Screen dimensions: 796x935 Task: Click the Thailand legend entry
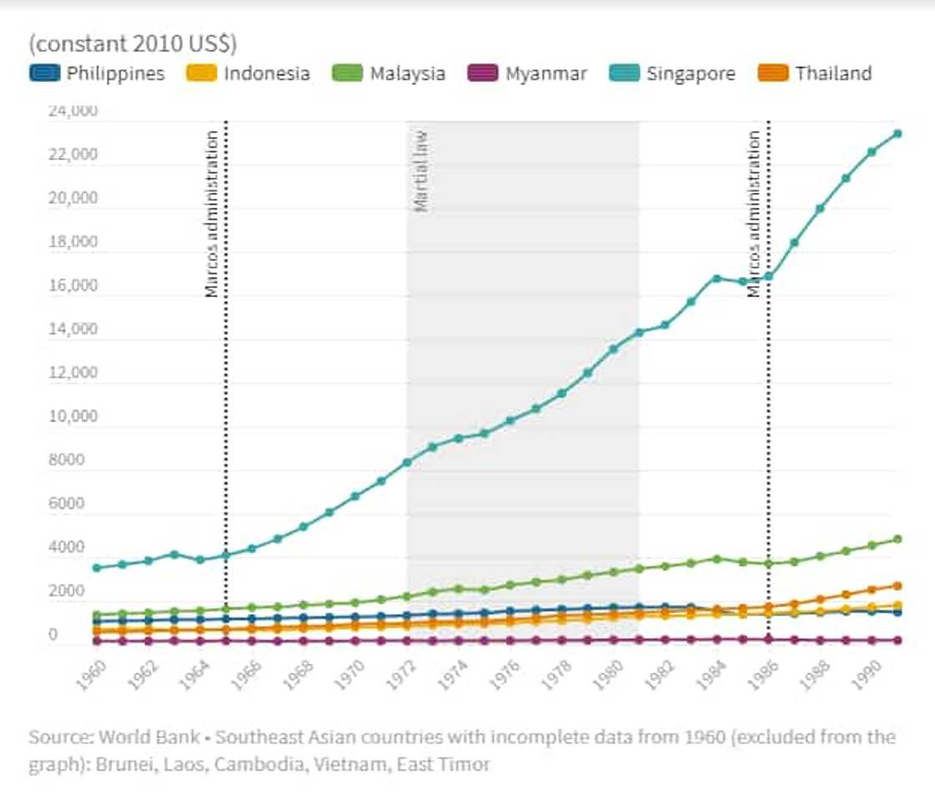(x=817, y=73)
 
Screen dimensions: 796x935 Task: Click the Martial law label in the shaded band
(x=422, y=170)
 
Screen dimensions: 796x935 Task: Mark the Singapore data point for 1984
(x=716, y=278)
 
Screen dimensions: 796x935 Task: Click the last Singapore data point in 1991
(x=897, y=134)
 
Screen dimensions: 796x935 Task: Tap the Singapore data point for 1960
(x=97, y=567)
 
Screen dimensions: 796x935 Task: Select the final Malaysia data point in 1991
(x=897, y=539)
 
